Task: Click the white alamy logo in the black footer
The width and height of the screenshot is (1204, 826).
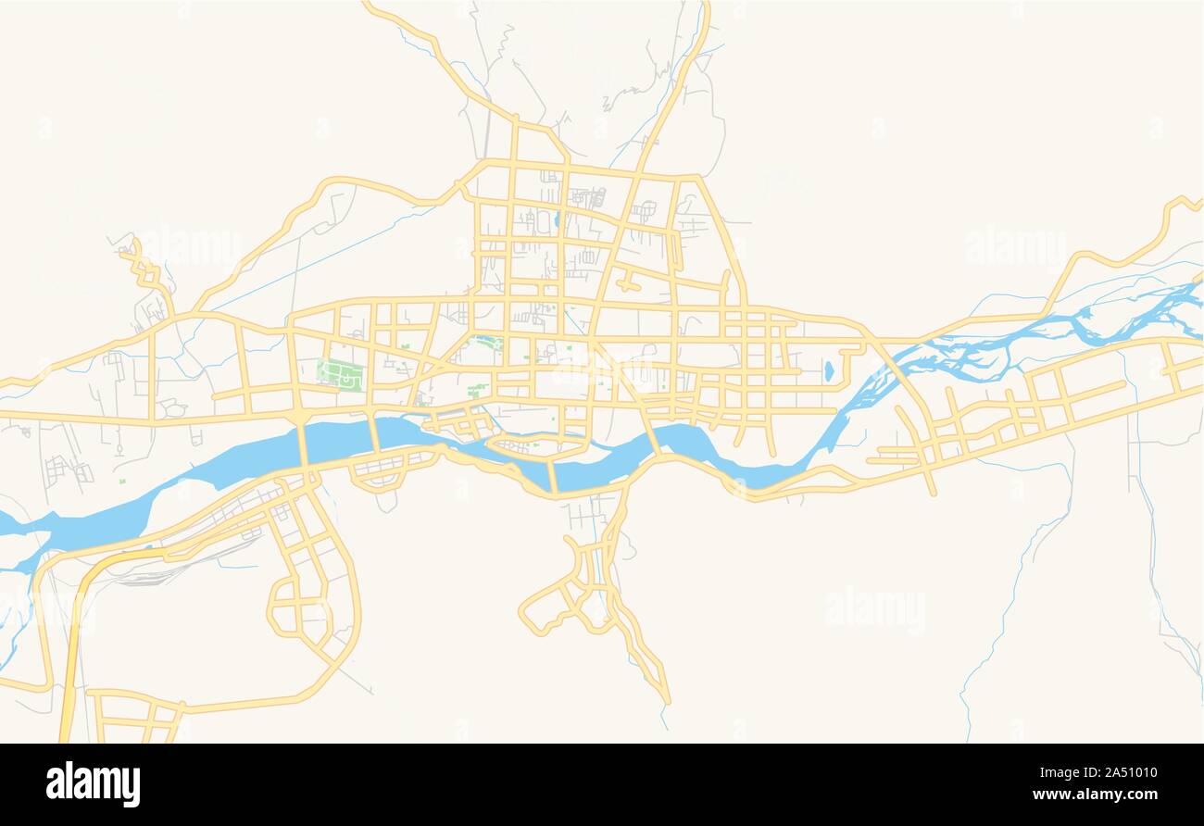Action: click(93, 783)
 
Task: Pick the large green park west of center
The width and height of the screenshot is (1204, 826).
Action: click(340, 375)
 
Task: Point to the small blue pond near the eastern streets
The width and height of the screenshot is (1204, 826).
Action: click(828, 371)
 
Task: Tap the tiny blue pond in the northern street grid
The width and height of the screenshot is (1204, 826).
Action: click(556, 220)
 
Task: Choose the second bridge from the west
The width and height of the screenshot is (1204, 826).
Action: click(375, 433)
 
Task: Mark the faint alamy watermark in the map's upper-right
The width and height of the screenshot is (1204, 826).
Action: click(1014, 246)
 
